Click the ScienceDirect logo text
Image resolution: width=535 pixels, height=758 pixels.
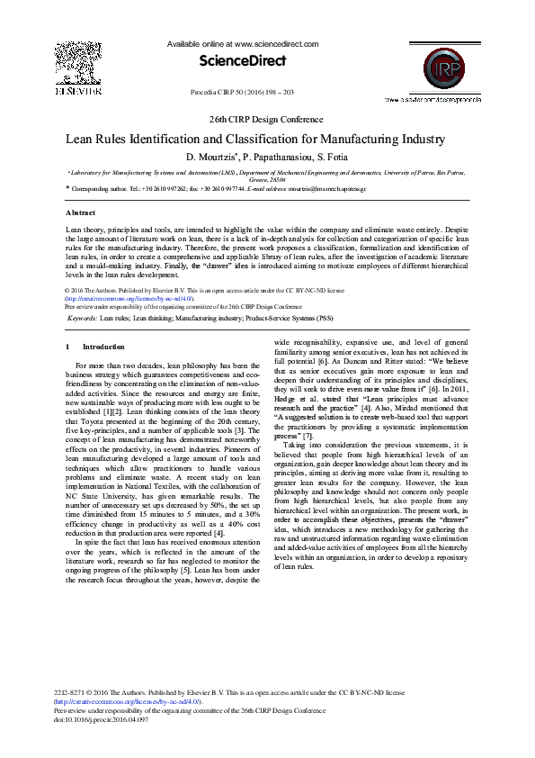pos(244,61)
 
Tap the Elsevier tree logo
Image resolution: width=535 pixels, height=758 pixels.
pos(78,64)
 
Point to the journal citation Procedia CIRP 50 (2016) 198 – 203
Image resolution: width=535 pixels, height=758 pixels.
pos(244,92)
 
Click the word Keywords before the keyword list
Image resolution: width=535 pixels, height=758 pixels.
pos(83,319)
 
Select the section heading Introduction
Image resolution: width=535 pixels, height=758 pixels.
pos(104,347)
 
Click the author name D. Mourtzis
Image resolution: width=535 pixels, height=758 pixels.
pos(210,158)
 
